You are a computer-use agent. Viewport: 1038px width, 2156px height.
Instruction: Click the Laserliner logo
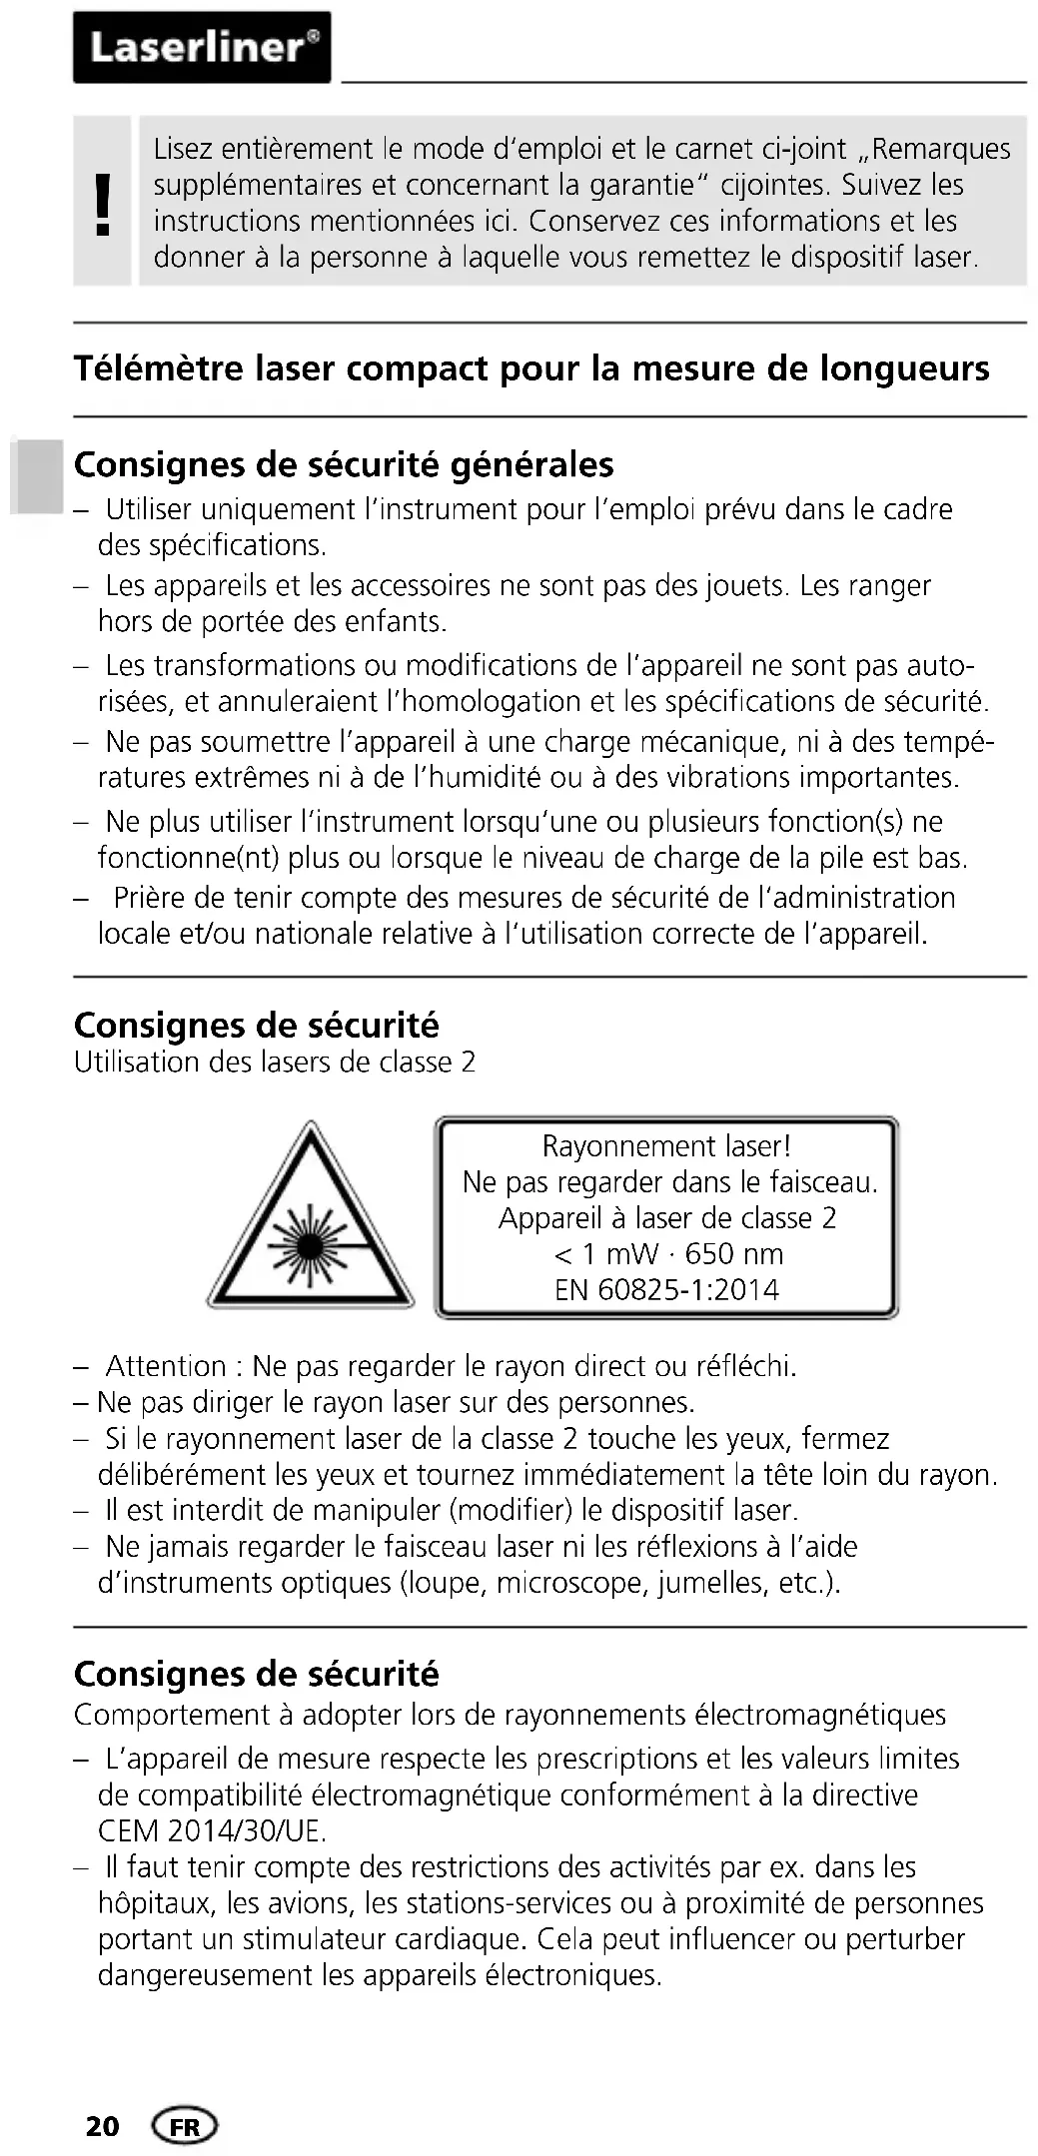[x=202, y=47]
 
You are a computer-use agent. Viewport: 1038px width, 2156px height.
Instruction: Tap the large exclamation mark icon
[x=101, y=203]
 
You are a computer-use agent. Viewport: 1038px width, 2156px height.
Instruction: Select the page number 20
[x=102, y=2126]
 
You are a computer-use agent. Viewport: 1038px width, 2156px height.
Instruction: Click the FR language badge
[x=184, y=2126]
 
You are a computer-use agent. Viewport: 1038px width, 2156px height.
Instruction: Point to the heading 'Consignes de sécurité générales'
[x=344, y=464]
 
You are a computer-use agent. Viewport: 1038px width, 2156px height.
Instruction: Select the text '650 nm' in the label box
[x=733, y=1253]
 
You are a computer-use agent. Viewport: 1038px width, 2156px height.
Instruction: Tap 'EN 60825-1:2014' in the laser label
[x=666, y=1289]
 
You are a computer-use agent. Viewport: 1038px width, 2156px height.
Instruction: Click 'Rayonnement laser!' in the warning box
[x=666, y=1145]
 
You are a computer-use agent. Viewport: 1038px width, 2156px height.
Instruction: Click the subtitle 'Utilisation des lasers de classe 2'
[x=275, y=1062]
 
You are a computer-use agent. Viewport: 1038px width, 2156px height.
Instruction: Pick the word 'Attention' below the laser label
[x=166, y=1365]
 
